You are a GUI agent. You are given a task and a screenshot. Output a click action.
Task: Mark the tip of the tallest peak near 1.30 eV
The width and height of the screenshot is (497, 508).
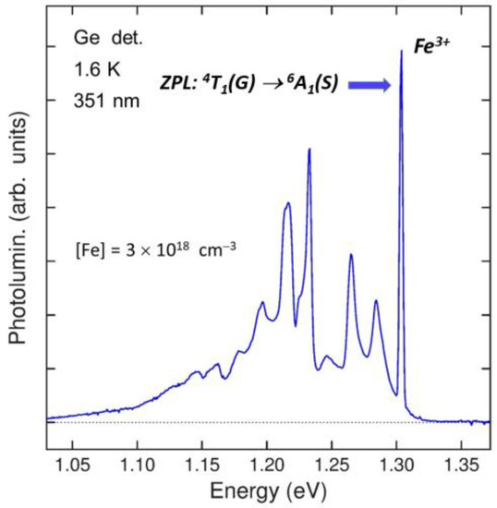401,51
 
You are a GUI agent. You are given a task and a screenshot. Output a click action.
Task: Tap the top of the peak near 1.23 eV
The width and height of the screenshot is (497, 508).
309,149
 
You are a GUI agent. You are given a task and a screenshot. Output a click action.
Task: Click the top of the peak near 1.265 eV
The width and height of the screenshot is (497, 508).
351,255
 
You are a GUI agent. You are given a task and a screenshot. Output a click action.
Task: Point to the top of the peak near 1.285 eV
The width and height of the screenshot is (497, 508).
376,301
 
